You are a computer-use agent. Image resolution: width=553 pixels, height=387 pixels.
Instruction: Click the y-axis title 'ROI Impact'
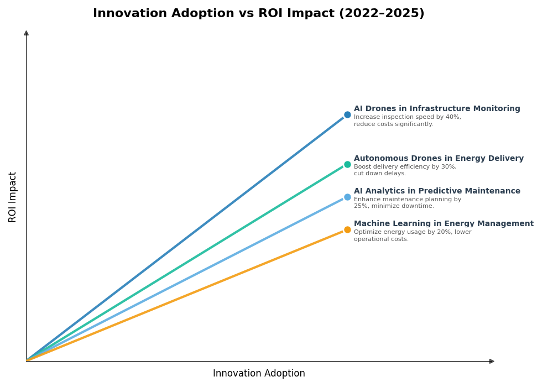pyautogui.click(x=13, y=197)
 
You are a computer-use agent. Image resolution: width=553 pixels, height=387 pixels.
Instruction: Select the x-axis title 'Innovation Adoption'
pyautogui.click(x=259, y=374)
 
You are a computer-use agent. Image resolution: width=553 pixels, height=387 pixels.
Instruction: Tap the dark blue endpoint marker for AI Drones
pyautogui.click(x=347, y=115)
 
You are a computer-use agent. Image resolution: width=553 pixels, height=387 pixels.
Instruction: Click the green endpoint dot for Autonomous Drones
pyautogui.click(x=347, y=164)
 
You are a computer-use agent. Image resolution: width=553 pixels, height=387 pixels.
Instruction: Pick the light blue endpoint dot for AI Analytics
pyautogui.click(x=347, y=197)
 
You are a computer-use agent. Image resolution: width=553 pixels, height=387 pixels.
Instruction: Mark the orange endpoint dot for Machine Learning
pyautogui.click(x=347, y=229)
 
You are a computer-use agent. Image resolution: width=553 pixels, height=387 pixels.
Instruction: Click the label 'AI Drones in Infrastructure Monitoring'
pyautogui.click(x=437, y=109)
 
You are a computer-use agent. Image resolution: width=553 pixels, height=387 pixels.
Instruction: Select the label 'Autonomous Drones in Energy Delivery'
pyautogui.click(x=439, y=159)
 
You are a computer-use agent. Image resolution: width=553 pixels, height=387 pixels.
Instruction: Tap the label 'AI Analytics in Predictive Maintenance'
pyautogui.click(x=437, y=191)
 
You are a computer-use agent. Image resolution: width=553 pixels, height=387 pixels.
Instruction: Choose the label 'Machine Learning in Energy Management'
pyautogui.click(x=444, y=224)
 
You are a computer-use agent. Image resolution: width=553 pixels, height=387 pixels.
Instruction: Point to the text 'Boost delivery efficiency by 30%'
pyautogui.click(x=405, y=167)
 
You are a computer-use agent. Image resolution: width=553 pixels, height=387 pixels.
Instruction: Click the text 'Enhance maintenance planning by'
pyautogui.click(x=407, y=200)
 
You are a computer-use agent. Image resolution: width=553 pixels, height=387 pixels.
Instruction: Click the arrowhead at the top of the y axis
pyautogui.click(x=26, y=33)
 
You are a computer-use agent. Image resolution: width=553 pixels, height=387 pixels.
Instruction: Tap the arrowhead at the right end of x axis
pyautogui.click(x=492, y=361)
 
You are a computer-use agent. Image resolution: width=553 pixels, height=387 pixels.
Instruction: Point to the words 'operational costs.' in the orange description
pyautogui.click(x=381, y=239)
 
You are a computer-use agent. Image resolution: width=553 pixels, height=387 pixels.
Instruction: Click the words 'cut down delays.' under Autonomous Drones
pyautogui.click(x=380, y=174)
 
